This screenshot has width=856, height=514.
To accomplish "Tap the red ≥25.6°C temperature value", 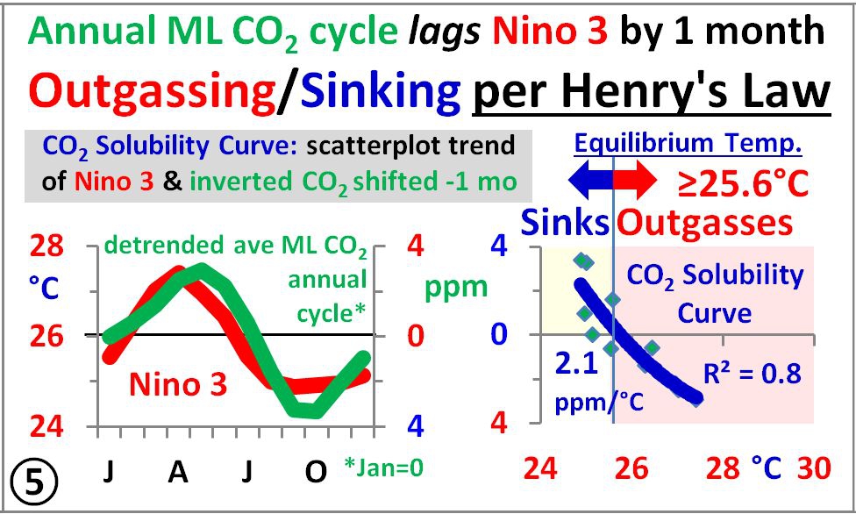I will click(x=744, y=182).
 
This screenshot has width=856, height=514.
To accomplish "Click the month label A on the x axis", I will click(x=178, y=471).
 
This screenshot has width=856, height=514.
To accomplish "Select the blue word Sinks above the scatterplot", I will click(x=565, y=225).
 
